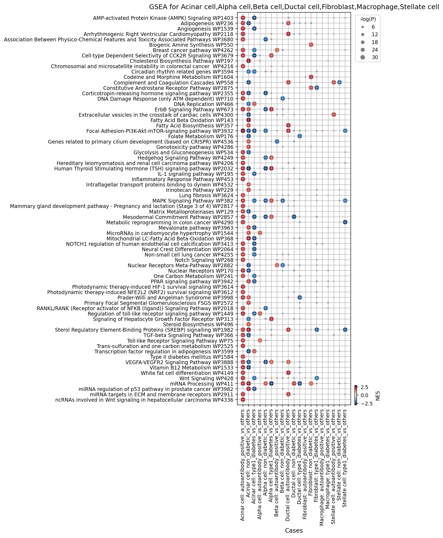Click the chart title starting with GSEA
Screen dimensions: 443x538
coord(294,7)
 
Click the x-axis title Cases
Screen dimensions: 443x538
coord(294,530)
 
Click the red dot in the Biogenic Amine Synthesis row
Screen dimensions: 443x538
coord(311,45)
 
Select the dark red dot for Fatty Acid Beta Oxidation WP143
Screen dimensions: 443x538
coord(248,120)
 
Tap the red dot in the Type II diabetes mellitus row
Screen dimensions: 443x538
coord(243,357)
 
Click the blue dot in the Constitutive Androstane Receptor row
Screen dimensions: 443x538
coord(317,88)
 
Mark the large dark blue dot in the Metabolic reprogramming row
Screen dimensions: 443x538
coord(345,222)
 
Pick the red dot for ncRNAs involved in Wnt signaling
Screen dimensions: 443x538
coord(243,400)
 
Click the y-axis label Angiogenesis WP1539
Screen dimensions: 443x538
coord(208,29)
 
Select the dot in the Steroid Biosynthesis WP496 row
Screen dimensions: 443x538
coord(248,324)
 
